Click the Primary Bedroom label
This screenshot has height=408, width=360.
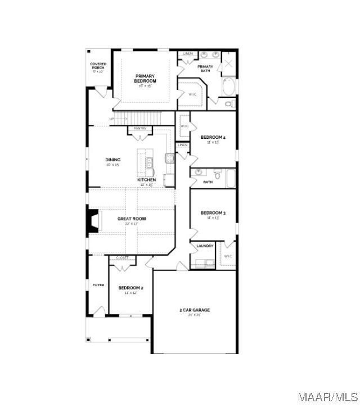[145, 78]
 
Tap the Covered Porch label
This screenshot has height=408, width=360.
[98, 66]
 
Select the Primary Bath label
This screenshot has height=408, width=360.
[205, 68]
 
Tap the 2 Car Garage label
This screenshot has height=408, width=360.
[195, 310]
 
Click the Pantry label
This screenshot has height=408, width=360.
[140, 128]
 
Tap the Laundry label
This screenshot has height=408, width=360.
[205, 246]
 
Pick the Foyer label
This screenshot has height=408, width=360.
[98, 285]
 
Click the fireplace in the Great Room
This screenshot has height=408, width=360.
[91, 221]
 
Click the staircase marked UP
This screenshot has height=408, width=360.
[141, 119]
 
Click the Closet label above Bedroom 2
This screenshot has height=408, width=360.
[122, 258]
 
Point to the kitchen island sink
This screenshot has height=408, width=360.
[150, 164]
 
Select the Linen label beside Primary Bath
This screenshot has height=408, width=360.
[188, 53]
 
